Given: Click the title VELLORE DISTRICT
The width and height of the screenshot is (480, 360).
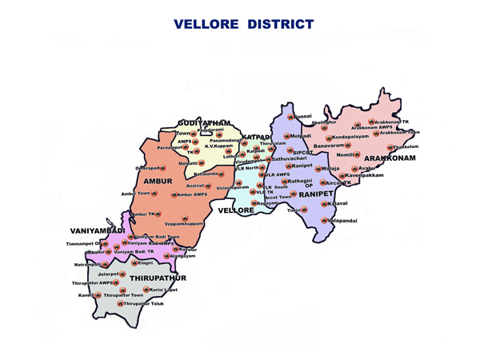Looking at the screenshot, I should pyautogui.click(x=243, y=25).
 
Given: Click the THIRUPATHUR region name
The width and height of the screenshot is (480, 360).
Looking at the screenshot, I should pyautogui.click(x=158, y=278).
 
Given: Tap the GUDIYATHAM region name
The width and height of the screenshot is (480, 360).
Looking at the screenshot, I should pyautogui.click(x=204, y=122).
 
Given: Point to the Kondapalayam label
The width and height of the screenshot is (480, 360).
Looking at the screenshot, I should pyautogui.click(x=350, y=137).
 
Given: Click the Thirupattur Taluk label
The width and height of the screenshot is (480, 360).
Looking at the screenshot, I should pyautogui.click(x=145, y=304).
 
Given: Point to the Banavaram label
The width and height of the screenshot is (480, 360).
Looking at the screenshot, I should pyautogui.click(x=328, y=146).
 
